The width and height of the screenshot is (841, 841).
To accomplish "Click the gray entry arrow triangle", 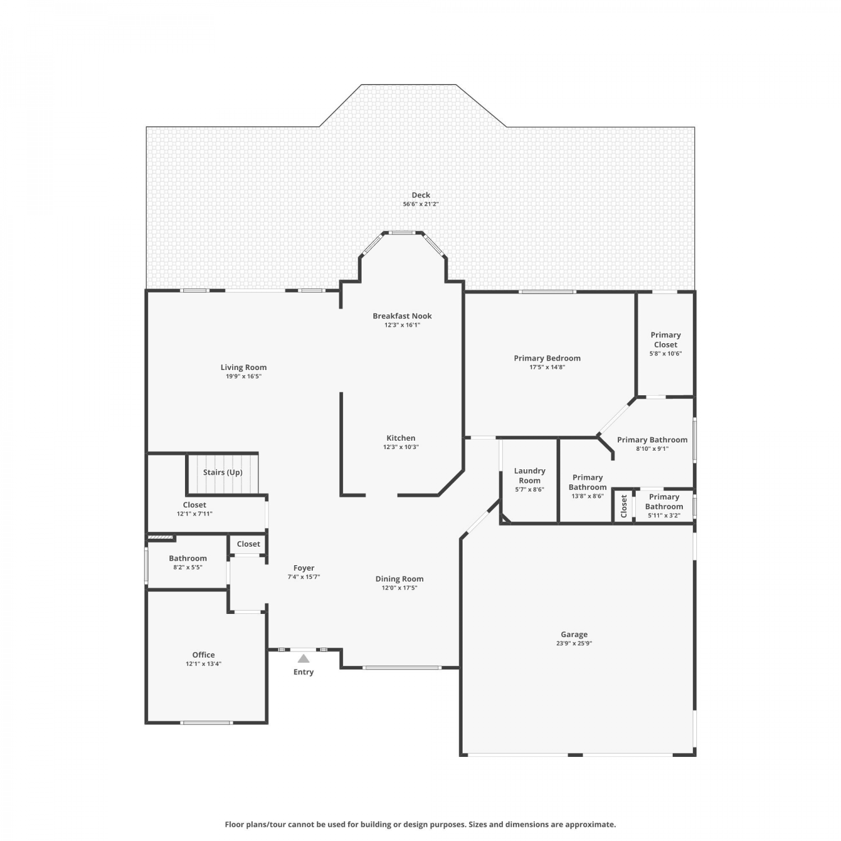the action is pyautogui.click(x=303, y=659).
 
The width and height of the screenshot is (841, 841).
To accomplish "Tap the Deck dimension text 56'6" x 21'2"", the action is pyautogui.click(x=420, y=204).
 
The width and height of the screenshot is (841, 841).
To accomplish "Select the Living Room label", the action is pyautogui.click(x=243, y=367).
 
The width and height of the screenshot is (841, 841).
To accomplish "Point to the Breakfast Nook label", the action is pyautogui.click(x=402, y=316).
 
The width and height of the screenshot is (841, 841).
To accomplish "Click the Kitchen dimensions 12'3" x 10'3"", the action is pyautogui.click(x=401, y=447).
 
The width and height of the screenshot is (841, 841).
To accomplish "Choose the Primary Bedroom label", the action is pyautogui.click(x=547, y=358).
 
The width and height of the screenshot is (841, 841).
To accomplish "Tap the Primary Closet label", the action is pyautogui.click(x=666, y=340).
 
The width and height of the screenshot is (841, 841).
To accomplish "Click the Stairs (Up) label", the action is pyautogui.click(x=223, y=472).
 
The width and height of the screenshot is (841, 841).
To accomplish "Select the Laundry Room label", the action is pyautogui.click(x=529, y=475).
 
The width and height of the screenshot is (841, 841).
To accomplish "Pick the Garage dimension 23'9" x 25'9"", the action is pyautogui.click(x=574, y=643).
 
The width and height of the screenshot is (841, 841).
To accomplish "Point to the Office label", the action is pyautogui.click(x=204, y=654).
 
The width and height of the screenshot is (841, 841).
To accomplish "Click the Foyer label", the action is pyautogui.click(x=304, y=568).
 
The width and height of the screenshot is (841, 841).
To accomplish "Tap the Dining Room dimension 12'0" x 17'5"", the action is pyautogui.click(x=399, y=588).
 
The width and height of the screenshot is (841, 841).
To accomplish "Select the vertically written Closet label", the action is pyautogui.click(x=624, y=506).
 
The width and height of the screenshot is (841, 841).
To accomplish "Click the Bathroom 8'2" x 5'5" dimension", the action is pyautogui.click(x=188, y=567).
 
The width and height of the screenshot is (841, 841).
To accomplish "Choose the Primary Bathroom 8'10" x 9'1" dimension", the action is pyautogui.click(x=652, y=449).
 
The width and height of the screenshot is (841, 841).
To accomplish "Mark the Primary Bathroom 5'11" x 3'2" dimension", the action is pyautogui.click(x=664, y=515).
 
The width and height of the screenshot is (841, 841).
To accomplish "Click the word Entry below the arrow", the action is pyautogui.click(x=303, y=672).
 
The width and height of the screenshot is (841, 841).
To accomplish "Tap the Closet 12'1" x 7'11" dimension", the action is pyautogui.click(x=195, y=514).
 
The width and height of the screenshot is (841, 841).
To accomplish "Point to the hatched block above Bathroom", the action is pyautogui.click(x=160, y=538).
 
